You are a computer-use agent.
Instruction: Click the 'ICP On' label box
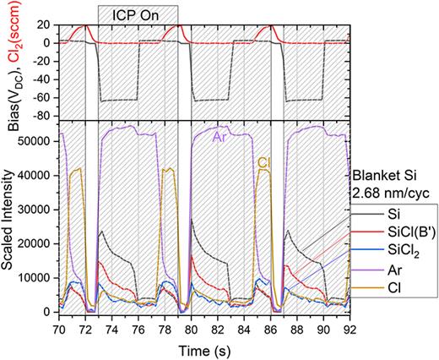pos(137,14)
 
